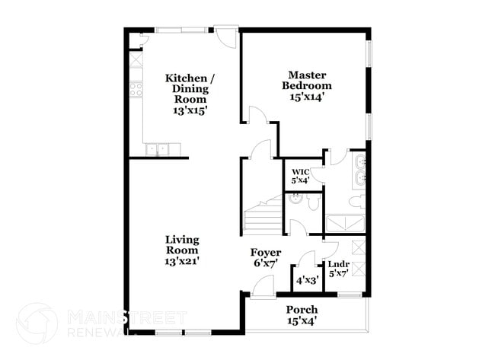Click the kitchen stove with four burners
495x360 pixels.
tap(136, 89)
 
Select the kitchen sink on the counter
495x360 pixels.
tap(158, 149)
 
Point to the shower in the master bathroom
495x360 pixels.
tap(346, 223)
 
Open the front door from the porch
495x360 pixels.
tap(262, 286)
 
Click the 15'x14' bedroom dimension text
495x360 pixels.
tap(310, 97)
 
